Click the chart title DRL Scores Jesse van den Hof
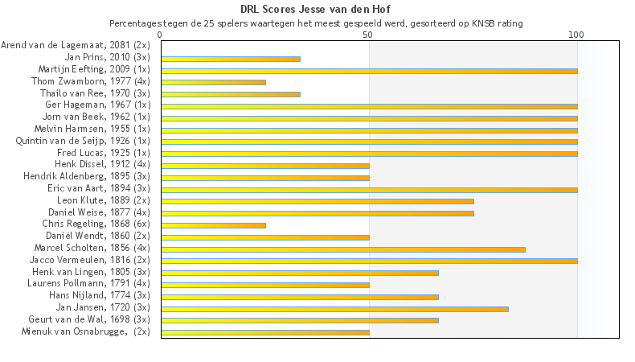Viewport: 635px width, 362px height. [317, 10]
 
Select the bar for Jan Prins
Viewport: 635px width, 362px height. [231, 59]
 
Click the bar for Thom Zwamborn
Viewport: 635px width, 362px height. [213, 82]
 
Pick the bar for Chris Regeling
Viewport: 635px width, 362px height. [213, 225]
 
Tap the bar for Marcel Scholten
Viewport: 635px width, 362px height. [343, 249]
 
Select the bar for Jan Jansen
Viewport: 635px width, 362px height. [334, 308]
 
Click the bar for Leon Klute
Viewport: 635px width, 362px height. [317, 201]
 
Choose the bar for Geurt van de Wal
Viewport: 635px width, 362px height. [300, 320]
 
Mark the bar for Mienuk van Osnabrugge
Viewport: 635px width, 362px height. [265, 332]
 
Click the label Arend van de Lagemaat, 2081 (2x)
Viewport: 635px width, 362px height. [76, 46]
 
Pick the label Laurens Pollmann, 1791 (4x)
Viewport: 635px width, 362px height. [88, 283]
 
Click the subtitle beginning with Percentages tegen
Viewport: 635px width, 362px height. [316, 23]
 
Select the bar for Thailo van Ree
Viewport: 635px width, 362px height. [231, 94]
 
